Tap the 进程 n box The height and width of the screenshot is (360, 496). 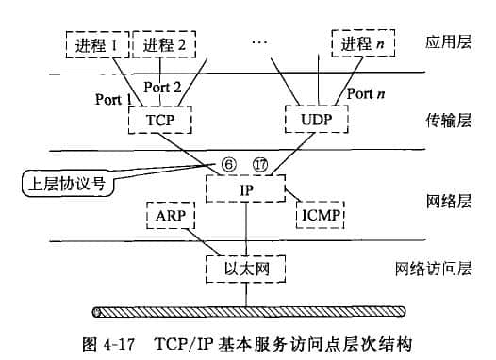pyautogui.click(x=360, y=43)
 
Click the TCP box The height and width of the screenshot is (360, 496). pyautogui.click(x=160, y=121)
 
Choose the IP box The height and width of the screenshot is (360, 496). pyautogui.click(x=246, y=188)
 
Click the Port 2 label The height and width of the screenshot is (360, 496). pyautogui.click(x=162, y=87)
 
